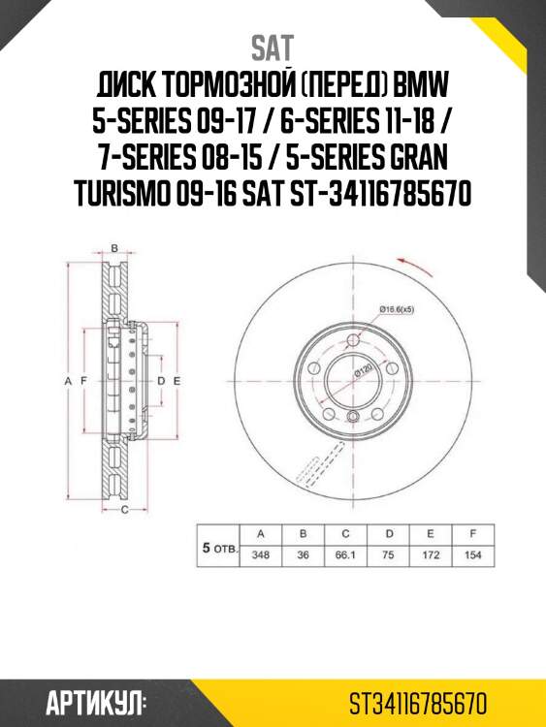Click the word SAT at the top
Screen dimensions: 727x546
pyautogui.click(x=273, y=47)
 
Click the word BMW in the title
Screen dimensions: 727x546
pyautogui.click(x=419, y=90)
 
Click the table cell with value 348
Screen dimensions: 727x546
pyautogui.click(x=259, y=556)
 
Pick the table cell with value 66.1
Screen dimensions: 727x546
pyautogui.click(x=344, y=556)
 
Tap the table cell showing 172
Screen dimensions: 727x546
pyautogui.click(x=430, y=556)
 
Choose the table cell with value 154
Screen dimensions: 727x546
pyautogui.click(x=472, y=556)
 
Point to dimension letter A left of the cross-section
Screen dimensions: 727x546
pyautogui.click(x=69, y=382)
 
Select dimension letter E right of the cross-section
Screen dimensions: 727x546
pyautogui.click(x=177, y=382)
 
